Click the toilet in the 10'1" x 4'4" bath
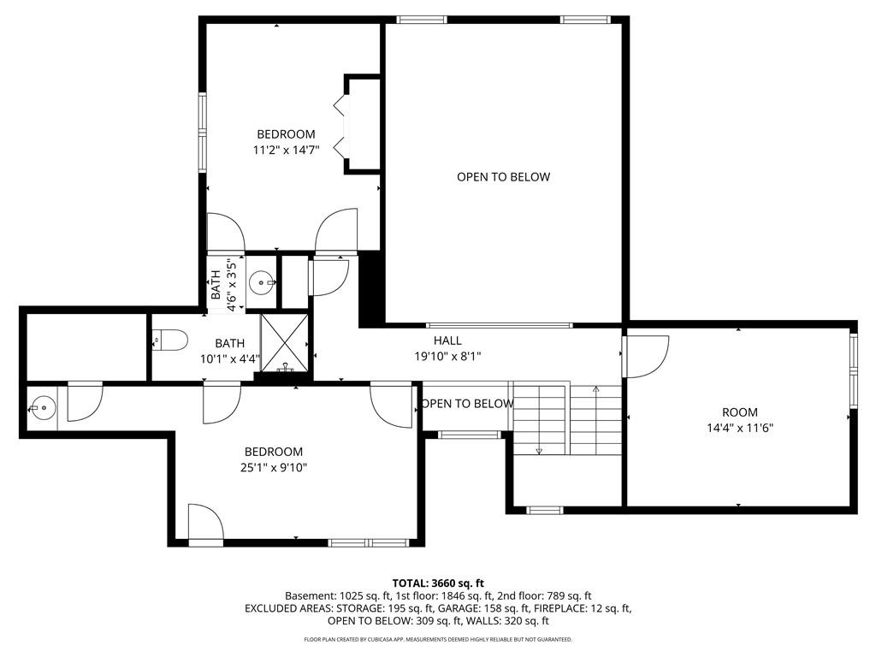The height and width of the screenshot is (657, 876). (170, 340)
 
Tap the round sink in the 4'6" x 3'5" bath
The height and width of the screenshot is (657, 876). (261, 282)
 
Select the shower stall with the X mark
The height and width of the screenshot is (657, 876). (285, 342)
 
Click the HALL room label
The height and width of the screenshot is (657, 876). (447, 340)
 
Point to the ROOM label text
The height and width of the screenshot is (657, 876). (740, 412)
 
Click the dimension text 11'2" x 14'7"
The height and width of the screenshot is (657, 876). (286, 150)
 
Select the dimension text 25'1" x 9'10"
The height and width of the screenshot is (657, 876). (274, 468)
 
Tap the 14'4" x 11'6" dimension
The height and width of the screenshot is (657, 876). (740, 429)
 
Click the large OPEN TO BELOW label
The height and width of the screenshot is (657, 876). (503, 177)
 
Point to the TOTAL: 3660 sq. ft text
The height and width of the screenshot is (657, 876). (438, 583)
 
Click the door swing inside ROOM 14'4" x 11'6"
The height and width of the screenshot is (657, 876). (647, 356)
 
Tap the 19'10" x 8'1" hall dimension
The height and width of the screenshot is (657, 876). (447, 356)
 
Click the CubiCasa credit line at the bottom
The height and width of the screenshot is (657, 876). (438, 639)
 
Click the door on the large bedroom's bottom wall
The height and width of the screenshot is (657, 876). (205, 524)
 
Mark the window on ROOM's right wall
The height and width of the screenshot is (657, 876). (853, 370)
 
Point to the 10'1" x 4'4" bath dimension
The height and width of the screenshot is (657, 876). (230, 358)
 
